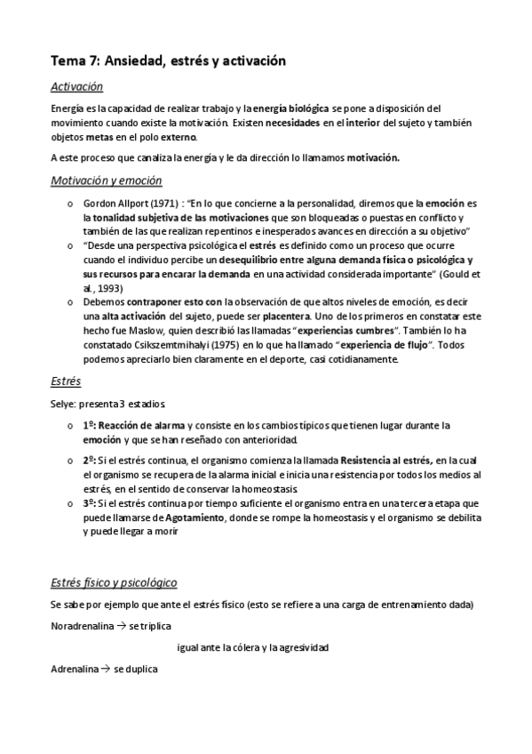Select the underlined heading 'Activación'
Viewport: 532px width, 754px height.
pos(77,87)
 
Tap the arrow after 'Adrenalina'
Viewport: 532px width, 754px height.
pos(104,668)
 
